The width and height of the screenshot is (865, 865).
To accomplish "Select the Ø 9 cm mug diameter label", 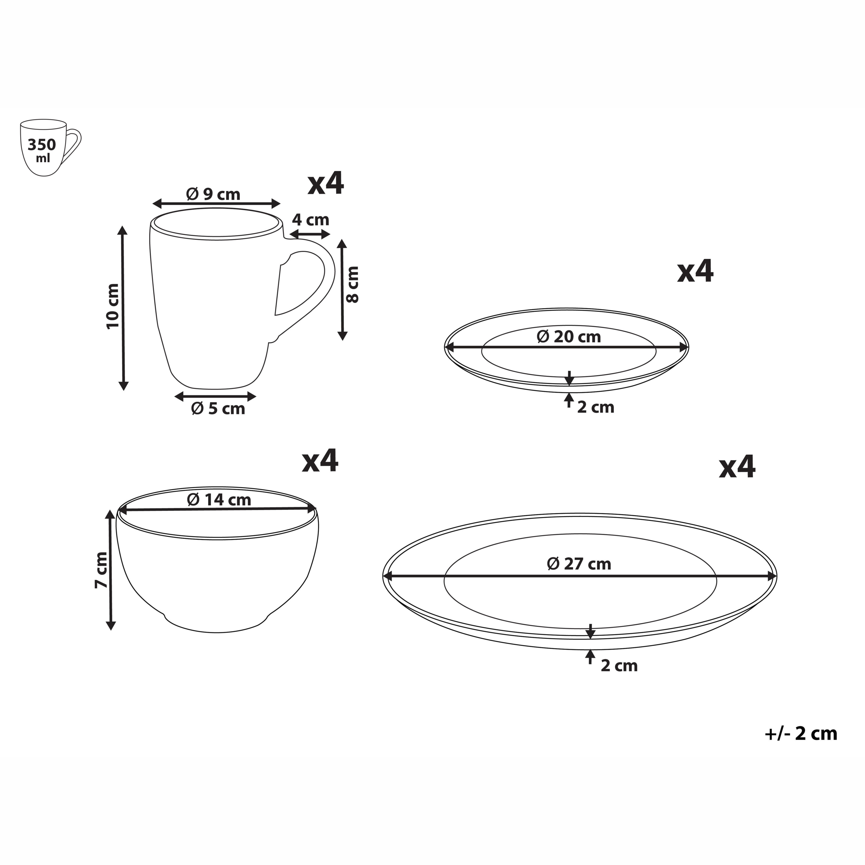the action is coord(213,194).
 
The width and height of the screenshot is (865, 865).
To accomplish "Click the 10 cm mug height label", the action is coord(113,306).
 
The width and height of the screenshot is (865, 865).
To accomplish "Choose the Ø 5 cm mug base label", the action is coord(218,409).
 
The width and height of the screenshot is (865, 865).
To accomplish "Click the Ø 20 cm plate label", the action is coord(569,337).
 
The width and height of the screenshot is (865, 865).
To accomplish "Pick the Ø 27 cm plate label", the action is coord(579,564).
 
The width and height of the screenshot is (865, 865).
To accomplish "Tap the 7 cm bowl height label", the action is coord(101,570).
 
